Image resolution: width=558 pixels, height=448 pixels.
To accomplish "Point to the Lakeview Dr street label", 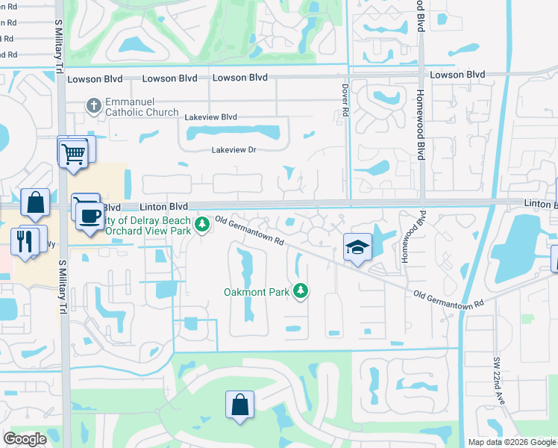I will pyautogui.click(x=233, y=150).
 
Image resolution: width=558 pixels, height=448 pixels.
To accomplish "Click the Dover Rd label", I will pyautogui.click(x=345, y=99).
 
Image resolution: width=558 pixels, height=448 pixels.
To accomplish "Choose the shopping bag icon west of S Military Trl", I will pyautogui.click(x=35, y=202).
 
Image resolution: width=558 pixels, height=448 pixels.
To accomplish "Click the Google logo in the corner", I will pyautogui.click(x=25, y=439).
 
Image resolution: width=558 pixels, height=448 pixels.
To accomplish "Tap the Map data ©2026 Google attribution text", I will pyautogui.click(x=512, y=442).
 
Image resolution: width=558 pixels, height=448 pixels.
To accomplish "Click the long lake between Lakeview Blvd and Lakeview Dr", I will pyautogui.click(x=233, y=134).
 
